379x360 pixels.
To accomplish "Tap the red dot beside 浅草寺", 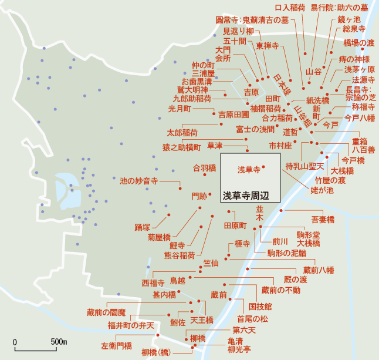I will (x=264, y=167).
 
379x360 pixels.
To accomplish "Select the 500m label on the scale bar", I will (x=59, y=342).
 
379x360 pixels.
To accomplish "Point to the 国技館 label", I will (x=260, y=307).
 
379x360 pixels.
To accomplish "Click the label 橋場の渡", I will (x=358, y=43).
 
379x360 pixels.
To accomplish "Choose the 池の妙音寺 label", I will (x=138, y=181).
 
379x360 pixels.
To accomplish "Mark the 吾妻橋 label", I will (x=323, y=220).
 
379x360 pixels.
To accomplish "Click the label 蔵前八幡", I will (x=319, y=270).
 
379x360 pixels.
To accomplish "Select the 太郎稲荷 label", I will (x=182, y=132).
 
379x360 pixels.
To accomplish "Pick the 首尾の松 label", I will (x=256, y=319).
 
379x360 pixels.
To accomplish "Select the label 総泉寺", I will (x=355, y=28).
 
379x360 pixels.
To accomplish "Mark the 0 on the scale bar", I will (x=15, y=342).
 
